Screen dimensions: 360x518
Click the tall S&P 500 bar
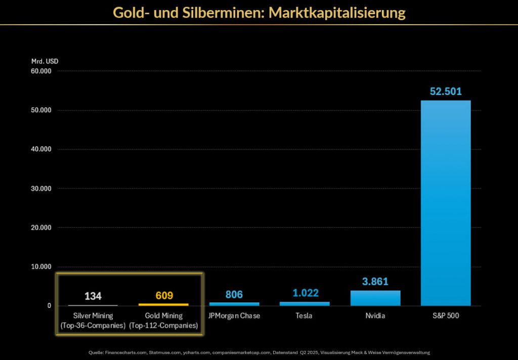tap(446, 202)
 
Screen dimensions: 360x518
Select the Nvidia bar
tap(375, 298)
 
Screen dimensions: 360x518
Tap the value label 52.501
tap(446, 92)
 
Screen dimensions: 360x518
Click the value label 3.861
tap(375, 282)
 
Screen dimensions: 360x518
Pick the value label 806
tap(234, 294)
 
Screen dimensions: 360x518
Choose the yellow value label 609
tap(163, 296)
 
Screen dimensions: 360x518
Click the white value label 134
tap(93, 296)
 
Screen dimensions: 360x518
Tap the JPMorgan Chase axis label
tap(234, 316)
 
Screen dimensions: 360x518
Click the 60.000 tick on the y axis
tap(41, 71)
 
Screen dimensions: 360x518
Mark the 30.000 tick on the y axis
tap(41, 189)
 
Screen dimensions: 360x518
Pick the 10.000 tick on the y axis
tap(41, 266)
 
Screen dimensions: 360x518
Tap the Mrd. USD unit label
tap(45, 61)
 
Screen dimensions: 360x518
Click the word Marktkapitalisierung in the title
tap(337, 12)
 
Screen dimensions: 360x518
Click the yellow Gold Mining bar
tap(163, 304)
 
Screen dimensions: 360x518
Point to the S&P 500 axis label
tap(446, 316)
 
